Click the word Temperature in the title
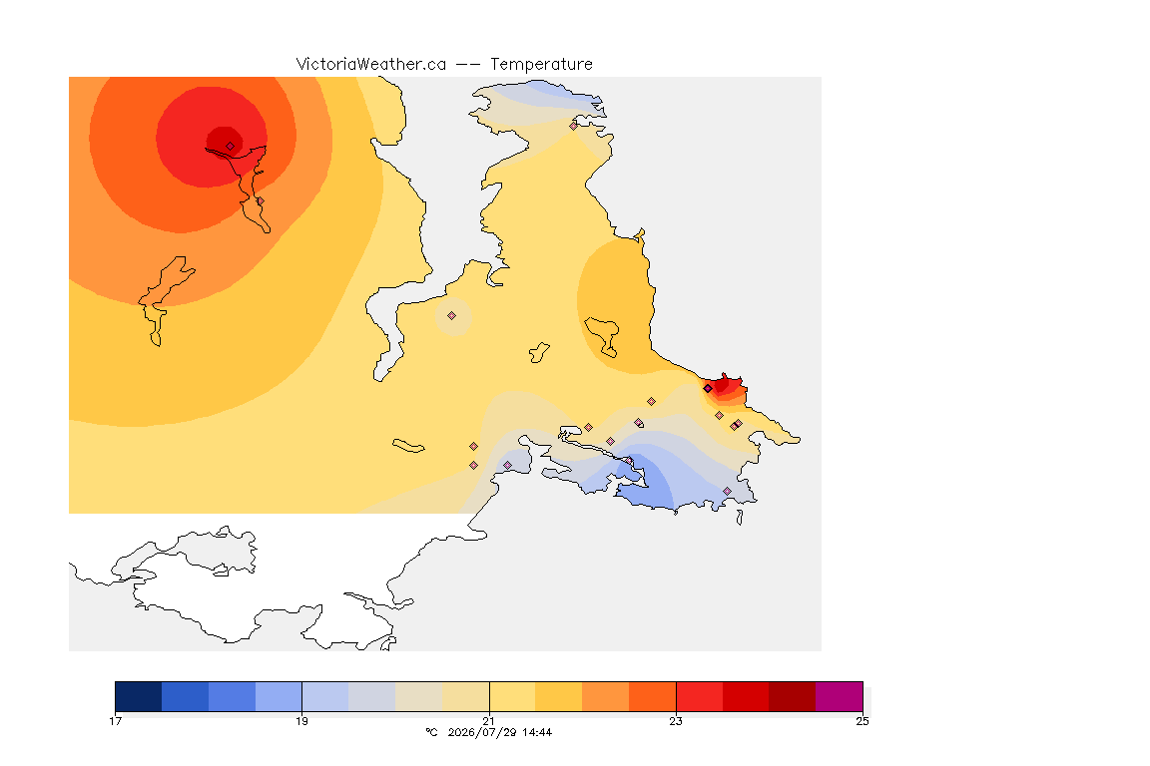pos(541,65)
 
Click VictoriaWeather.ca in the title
pos(371,65)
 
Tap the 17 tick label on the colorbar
pos(115,721)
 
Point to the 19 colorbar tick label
pos(301,721)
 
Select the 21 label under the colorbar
pos(488,721)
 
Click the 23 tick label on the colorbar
pos(676,721)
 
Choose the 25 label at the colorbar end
pos(862,721)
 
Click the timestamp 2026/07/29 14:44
pos(499,732)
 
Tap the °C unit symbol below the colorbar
pos(431,732)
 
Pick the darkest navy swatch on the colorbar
pos(139,696)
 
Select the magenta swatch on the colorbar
pos(839,696)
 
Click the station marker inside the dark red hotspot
pos(230,146)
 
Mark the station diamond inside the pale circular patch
pos(452,316)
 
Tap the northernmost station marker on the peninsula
pos(574,126)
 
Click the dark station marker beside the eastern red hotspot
pos(708,389)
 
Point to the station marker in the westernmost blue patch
pos(507,466)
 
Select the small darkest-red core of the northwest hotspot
pos(225,142)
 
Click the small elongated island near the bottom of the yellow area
pos(408,446)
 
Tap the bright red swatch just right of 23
pos(699,696)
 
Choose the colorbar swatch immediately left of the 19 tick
pos(279,696)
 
